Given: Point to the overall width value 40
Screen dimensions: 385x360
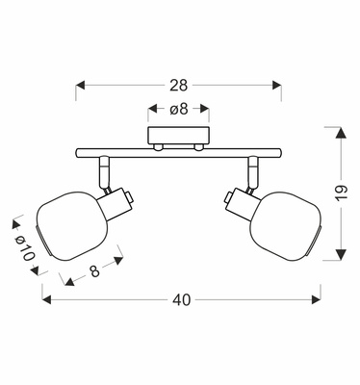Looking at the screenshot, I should pyautogui.click(x=180, y=300).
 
